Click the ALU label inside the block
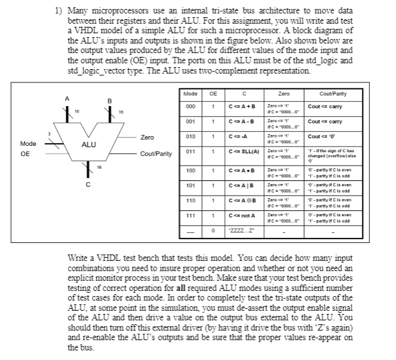tap(88, 145)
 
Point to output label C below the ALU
tap(88, 185)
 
